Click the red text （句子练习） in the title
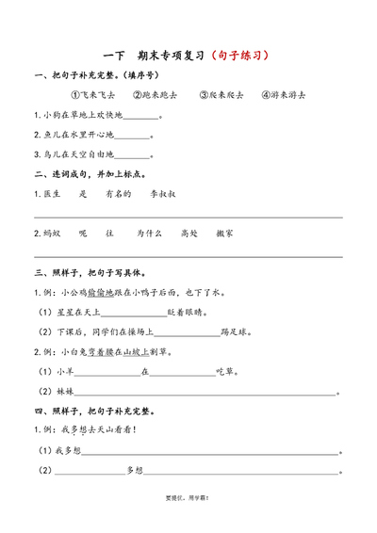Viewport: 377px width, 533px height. click(238, 56)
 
